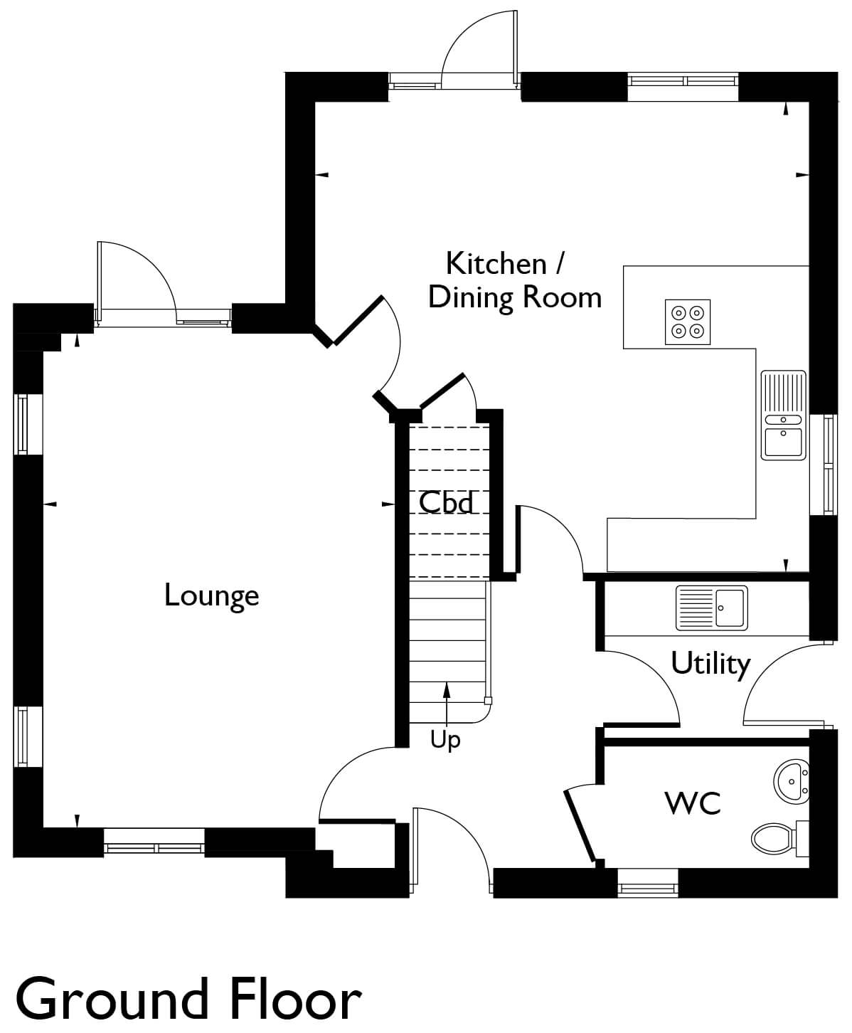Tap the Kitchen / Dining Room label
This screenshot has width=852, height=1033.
514,281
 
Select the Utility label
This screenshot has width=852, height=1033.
710,664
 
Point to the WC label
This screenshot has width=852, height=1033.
693,803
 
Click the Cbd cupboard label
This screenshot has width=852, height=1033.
446,502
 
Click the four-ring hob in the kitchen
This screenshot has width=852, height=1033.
687,322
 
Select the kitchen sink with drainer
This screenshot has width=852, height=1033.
783,415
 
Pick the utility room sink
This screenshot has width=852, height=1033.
712,608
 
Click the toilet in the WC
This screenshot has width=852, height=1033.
779,839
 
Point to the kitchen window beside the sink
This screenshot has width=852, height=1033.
824,465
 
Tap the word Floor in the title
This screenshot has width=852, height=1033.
296,998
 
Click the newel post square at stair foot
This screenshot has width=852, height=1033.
488,701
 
